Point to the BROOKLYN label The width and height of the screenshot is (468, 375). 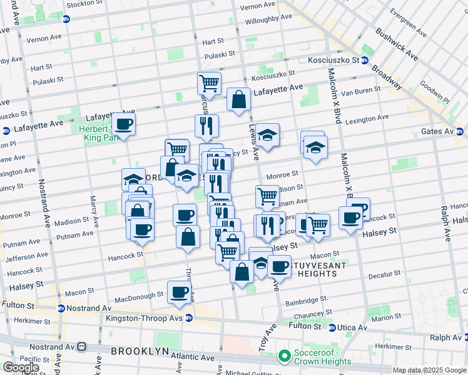(140, 351)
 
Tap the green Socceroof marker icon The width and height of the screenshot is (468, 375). (285, 357)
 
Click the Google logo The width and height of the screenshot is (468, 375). (21, 367)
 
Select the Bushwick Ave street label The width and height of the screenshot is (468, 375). (397, 43)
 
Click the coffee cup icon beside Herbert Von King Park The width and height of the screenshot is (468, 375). (124, 124)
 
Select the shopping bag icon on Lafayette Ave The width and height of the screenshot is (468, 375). (238, 99)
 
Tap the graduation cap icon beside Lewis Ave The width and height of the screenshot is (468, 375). (267, 136)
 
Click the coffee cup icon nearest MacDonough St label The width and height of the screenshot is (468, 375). (179, 292)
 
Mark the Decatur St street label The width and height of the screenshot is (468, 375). (384, 274)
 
